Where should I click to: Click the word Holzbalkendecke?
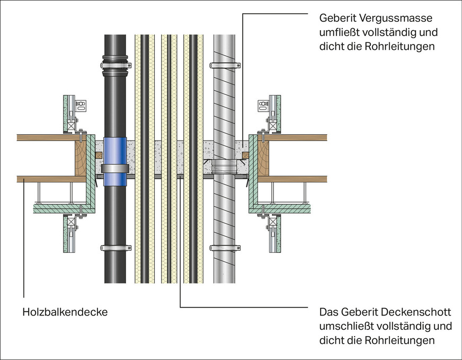[65, 312]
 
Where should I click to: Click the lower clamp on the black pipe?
[115, 248]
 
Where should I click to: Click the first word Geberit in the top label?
[337, 18]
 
